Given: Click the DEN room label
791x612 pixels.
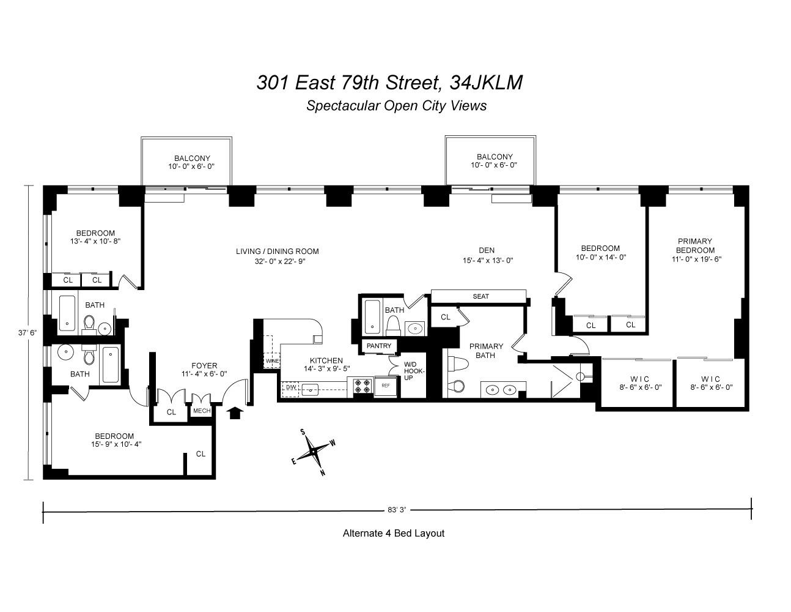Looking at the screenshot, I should click(487, 250).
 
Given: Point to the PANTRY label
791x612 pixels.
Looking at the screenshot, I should click(379, 346).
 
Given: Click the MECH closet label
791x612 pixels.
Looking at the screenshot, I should click(202, 411).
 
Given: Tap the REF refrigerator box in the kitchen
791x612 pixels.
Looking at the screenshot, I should click(386, 386).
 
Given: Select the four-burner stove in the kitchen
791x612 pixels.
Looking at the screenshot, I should click(360, 386).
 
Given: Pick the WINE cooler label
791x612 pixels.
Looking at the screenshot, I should click(272, 362).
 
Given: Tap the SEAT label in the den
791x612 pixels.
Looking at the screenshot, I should click(480, 297).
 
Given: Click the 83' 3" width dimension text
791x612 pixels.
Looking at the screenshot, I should click(397, 509).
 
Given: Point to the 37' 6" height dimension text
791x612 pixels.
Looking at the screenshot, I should click(28, 333).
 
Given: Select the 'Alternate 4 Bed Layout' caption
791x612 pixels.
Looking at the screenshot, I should click(393, 533).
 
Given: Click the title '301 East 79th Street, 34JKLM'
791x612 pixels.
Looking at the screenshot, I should click(389, 82).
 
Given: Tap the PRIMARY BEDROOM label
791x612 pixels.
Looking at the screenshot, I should click(695, 245).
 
